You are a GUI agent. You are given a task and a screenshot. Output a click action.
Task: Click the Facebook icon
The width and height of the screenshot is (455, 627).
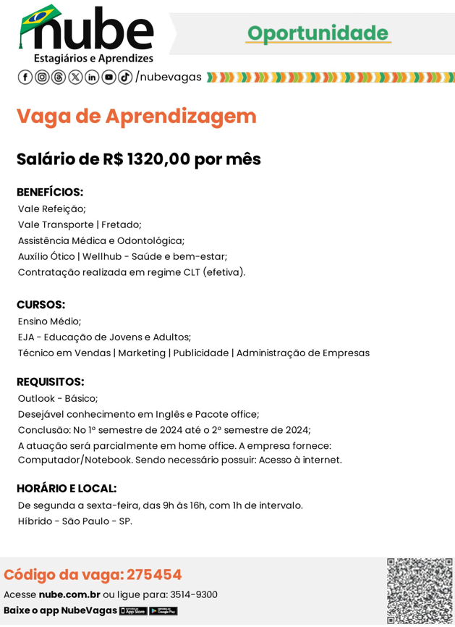25,77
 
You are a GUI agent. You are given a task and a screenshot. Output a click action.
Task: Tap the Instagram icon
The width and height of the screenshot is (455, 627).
42,77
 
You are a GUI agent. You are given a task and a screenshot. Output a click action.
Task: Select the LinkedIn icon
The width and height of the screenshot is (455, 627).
92,77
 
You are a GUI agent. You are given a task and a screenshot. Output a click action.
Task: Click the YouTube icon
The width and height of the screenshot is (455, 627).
109,77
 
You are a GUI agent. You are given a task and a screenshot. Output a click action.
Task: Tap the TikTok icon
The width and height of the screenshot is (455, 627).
124,77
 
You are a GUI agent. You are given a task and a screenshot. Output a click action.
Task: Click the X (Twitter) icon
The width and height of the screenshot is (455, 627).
75,77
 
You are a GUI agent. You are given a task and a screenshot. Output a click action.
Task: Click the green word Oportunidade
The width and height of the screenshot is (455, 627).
317,33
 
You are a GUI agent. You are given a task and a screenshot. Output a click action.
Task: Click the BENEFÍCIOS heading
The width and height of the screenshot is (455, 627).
50,192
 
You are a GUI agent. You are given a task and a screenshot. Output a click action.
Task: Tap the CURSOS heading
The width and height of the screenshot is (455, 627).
41,305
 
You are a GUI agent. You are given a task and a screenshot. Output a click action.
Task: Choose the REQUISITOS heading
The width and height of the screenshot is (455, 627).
50,382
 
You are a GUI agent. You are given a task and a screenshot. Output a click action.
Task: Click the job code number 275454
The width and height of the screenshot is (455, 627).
154,575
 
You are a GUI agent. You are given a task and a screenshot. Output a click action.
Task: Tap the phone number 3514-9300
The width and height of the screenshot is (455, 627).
193,594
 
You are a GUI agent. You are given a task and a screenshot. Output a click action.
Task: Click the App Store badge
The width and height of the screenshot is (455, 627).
133,611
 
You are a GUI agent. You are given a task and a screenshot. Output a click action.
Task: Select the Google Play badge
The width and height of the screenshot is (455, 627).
163,611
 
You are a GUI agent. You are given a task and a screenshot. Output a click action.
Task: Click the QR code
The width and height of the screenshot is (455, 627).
420,591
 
